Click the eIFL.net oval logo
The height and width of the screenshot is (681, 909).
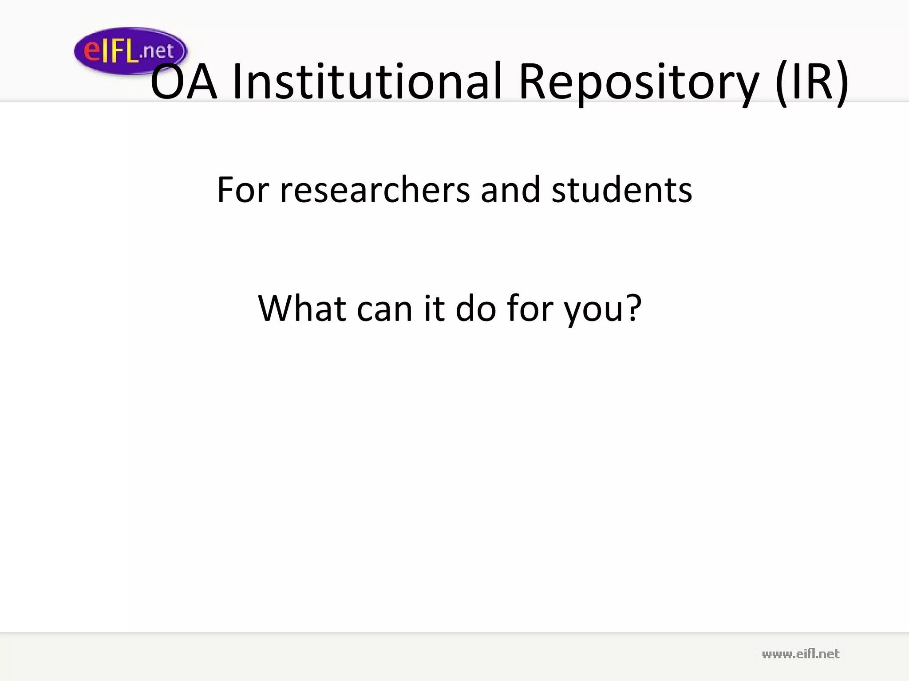tap(130, 51)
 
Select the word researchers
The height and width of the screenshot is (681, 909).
tap(375, 190)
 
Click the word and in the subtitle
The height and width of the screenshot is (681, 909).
tap(510, 190)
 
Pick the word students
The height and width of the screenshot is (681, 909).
tap(621, 190)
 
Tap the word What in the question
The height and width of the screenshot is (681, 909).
tap(302, 308)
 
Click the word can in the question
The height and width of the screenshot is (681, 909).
tap(384, 308)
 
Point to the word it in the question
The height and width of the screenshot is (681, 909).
tap(434, 308)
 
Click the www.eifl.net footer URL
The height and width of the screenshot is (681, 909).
tap(800, 654)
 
